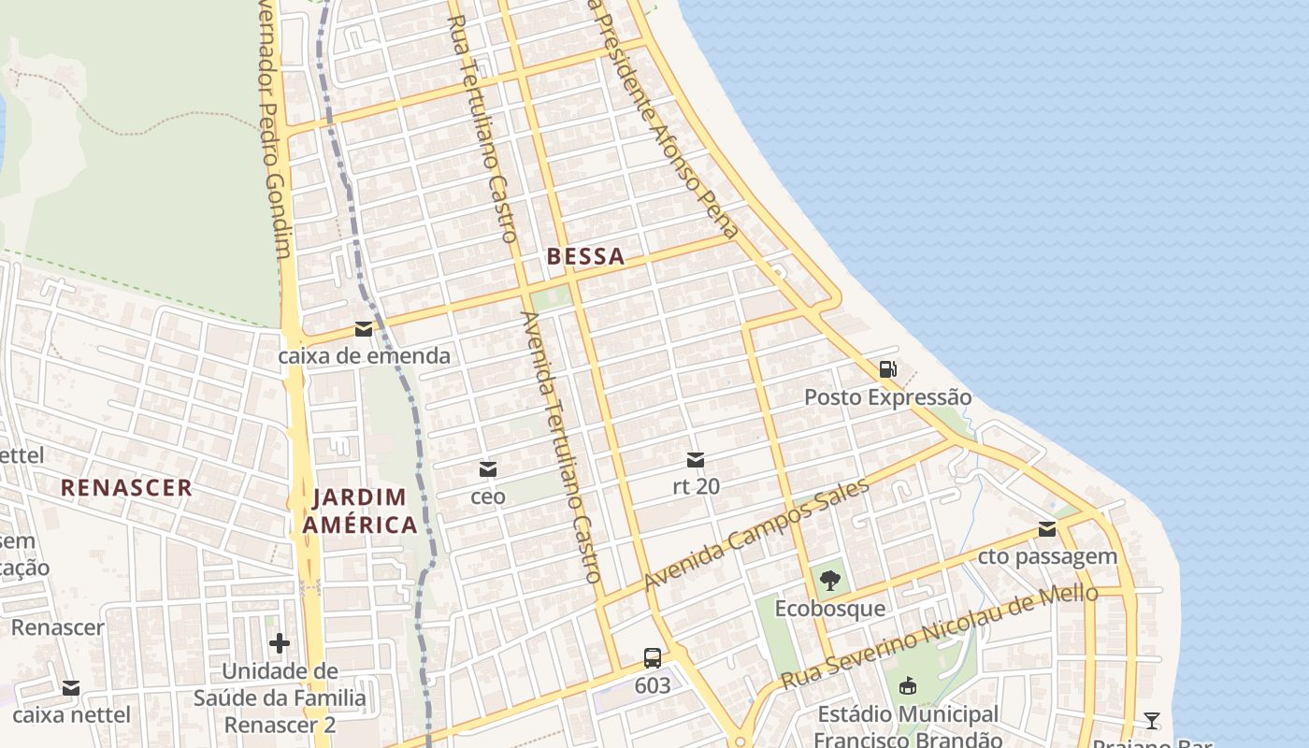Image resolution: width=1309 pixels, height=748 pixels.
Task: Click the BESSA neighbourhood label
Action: point(585,256)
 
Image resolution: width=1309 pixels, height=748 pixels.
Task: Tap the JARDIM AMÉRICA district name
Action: point(360,511)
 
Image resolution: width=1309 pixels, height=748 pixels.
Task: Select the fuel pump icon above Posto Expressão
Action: point(887,369)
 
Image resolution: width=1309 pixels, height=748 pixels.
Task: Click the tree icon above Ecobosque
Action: point(829,582)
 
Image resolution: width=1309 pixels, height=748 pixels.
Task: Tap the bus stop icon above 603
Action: point(653,657)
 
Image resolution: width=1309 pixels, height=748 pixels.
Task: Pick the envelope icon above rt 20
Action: point(696,459)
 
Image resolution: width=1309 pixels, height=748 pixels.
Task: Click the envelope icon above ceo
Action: point(488,468)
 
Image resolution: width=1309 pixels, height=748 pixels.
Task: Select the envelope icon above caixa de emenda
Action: point(364,329)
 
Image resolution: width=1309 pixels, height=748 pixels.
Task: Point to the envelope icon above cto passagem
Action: point(1047,530)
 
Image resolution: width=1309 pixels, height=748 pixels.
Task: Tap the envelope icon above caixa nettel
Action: point(71,689)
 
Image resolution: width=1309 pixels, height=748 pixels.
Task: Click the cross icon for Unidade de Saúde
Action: point(280,643)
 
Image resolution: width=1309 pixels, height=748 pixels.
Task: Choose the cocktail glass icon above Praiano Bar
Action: point(1152,720)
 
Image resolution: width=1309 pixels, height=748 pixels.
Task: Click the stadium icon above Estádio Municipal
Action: point(907,687)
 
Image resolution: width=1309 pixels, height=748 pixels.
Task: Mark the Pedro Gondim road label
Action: point(273,131)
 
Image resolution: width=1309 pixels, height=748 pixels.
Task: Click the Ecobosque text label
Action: point(829,609)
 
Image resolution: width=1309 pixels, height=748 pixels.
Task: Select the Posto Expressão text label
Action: point(887,397)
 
